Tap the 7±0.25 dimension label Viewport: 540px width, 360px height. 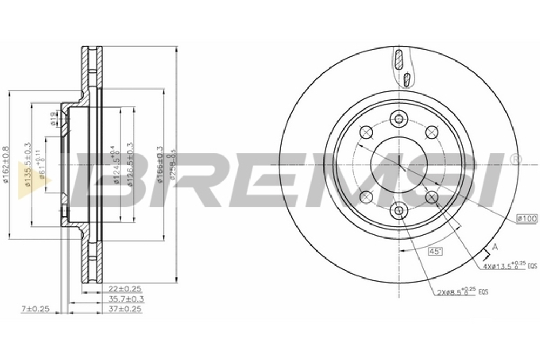pos(35,309)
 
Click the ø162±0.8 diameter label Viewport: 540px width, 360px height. pos(6,165)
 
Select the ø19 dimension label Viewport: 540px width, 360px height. pos(52,119)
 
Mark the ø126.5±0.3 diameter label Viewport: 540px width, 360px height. pos(130,165)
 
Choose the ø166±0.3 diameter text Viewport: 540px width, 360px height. pos(160,165)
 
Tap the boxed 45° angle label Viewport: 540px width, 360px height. pos(435,251)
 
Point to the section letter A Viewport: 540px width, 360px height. pos(495,247)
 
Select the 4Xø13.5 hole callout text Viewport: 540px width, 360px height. pos(504,266)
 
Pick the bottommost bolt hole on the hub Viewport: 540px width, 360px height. pos(399,210)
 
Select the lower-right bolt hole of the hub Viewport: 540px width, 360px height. pos(431,198)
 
